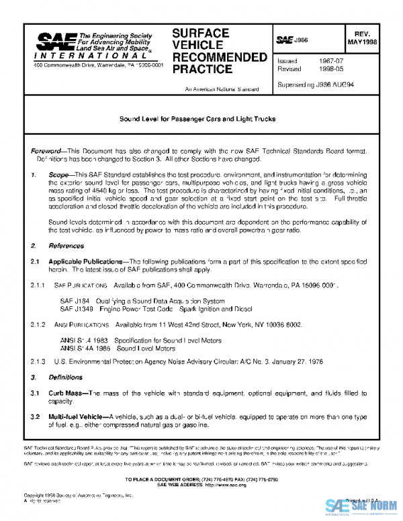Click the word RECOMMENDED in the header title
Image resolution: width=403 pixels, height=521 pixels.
coord(220,56)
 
